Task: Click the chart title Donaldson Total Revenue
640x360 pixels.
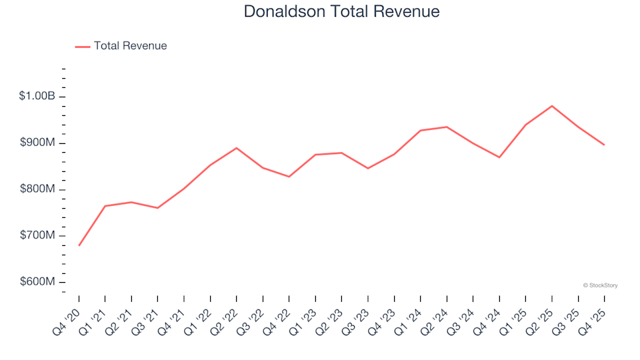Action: (341, 12)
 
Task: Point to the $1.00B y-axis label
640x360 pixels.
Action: (37, 97)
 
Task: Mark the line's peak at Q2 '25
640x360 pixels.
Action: (552, 106)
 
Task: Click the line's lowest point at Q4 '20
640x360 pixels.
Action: (79, 245)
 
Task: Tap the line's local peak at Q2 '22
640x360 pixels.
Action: (237, 148)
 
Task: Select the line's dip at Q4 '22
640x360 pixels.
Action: (289, 177)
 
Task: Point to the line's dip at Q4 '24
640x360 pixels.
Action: (499, 157)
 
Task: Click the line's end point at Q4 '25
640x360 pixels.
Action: (604, 145)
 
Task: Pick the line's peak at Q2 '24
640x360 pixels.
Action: (447, 127)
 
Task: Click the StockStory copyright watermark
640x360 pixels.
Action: (600, 285)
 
